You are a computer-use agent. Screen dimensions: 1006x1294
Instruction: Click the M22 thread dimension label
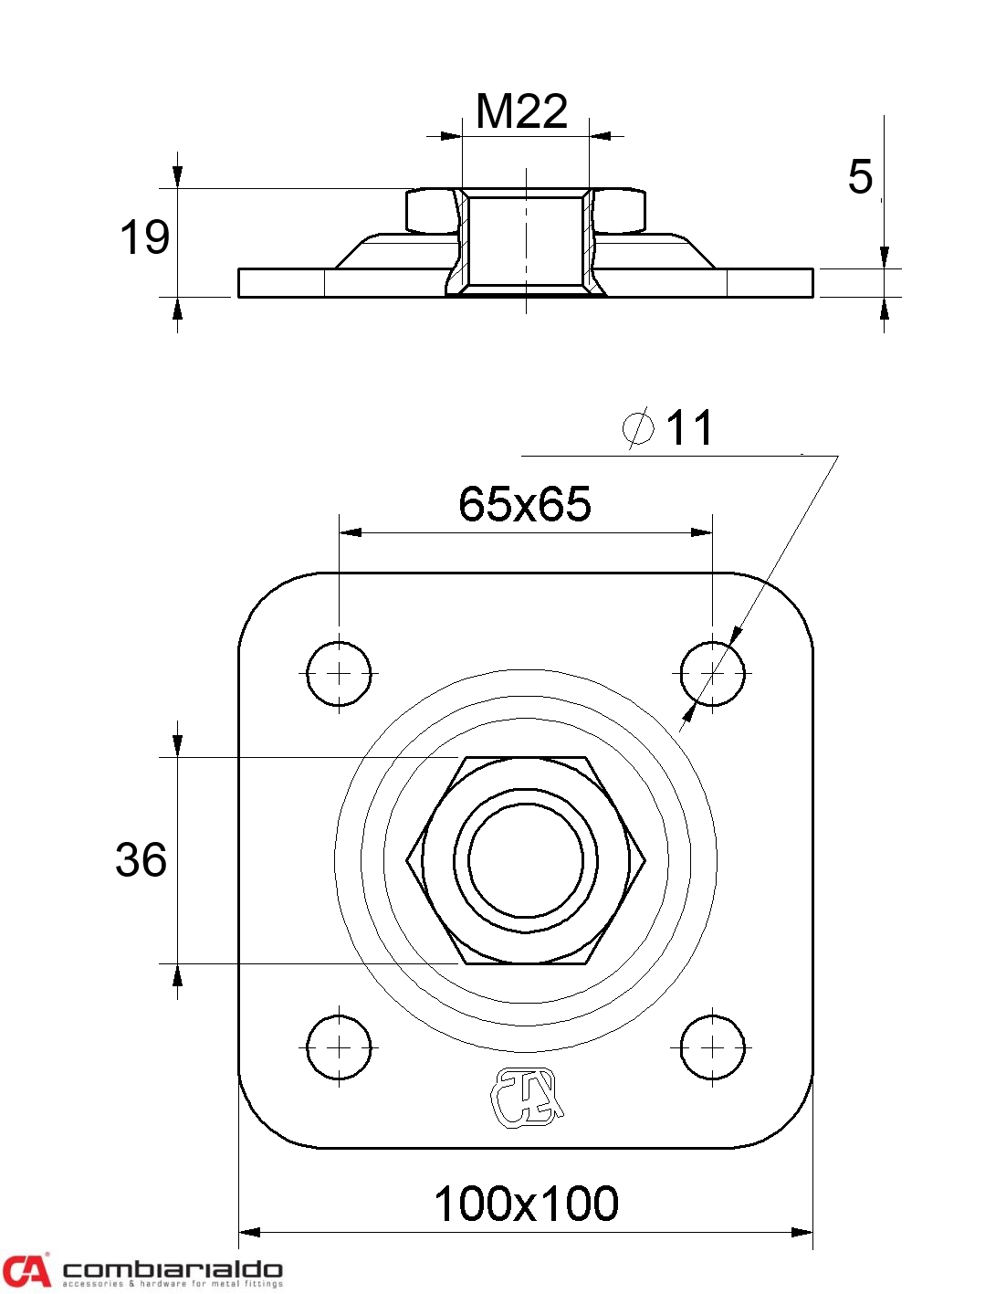(521, 111)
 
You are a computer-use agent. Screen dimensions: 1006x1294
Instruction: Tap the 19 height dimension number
(144, 237)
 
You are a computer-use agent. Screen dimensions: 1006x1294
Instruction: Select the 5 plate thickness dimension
(860, 177)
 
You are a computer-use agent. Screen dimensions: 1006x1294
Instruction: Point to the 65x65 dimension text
(524, 504)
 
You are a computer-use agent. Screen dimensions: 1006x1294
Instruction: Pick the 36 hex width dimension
(141, 860)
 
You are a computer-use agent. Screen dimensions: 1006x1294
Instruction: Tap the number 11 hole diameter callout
(688, 427)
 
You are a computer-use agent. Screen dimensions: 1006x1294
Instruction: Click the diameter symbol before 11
(637, 426)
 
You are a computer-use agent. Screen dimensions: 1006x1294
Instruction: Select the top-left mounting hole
(339, 674)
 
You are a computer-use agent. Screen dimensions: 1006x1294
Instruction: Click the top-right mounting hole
(712, 674)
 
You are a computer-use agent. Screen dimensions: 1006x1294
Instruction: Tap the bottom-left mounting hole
(339, 1047)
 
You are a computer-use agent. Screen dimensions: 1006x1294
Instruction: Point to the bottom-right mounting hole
(712, 1047)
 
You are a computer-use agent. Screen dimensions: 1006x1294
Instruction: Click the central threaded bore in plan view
(526, 860)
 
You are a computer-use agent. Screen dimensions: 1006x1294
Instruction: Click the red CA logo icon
(26, 1269)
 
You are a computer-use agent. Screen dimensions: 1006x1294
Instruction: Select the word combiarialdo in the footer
(173, 1268)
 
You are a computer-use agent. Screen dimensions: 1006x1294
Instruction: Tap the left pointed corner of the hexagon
(406, 860)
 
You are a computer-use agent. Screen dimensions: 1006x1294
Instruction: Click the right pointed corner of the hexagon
(645, 860)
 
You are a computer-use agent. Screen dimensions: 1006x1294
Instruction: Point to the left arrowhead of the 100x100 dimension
(249, 1232)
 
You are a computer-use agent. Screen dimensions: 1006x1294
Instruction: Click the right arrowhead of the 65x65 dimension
(701, 531)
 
